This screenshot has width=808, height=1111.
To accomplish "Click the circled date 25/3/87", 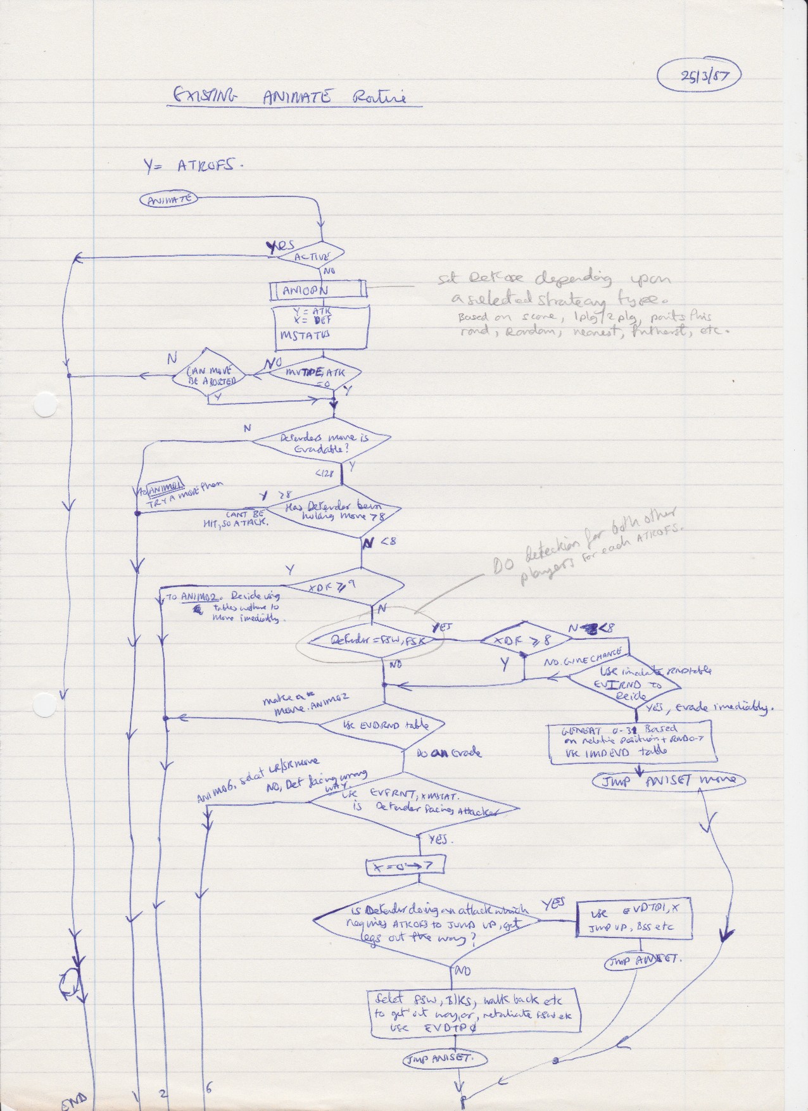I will pos(699,77).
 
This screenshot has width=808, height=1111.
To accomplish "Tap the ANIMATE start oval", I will pos(168,200).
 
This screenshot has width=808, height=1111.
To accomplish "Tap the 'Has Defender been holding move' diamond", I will pos(333,512).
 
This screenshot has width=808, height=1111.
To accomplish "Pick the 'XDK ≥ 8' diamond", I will pos(523,640).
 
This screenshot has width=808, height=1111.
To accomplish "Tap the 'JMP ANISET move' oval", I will pos(669,780).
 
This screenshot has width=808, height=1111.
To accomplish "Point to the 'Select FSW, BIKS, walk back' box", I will pos(474,1013).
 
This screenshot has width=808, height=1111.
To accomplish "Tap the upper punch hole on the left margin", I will pos(46,405).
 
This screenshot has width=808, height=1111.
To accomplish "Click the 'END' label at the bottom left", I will pos(74,1101).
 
